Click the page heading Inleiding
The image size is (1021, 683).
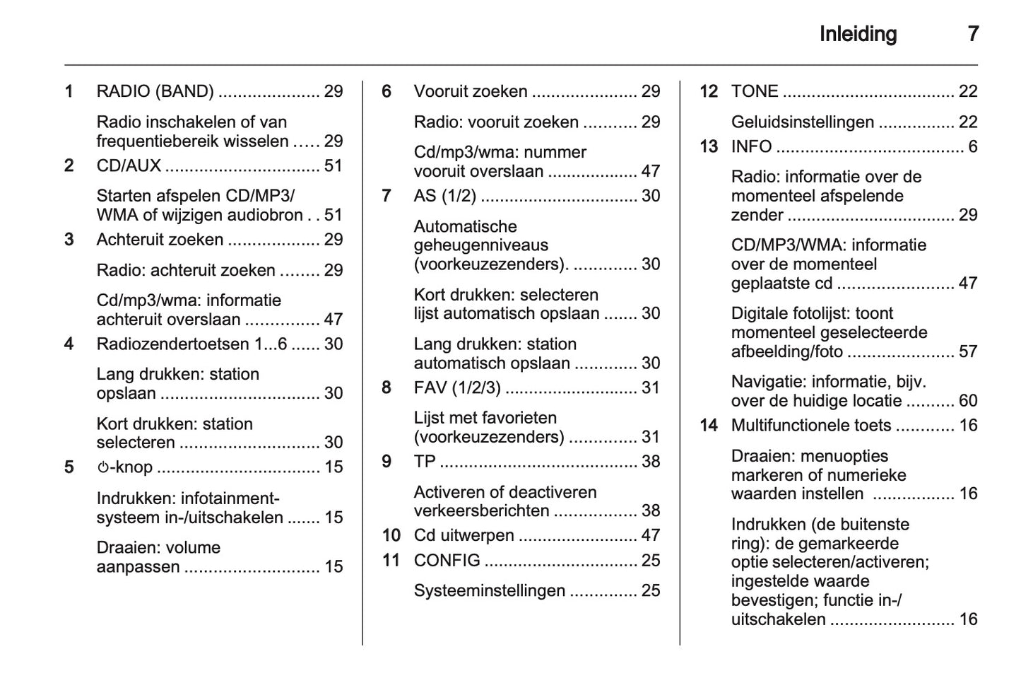click(x=857, y=34)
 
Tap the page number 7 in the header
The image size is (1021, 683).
click(x=972, y=34)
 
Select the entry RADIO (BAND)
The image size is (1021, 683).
click(x=155, y=91)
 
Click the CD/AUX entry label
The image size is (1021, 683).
click(x=129, y=165)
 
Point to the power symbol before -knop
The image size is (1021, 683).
click(x=102, y=467)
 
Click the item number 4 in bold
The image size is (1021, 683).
click(x=69, y=344)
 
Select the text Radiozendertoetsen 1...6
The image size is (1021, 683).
click(x=191, y=344)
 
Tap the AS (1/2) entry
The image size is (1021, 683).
click(x=444, y=196)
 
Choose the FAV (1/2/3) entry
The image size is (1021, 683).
click(x=456, y=387)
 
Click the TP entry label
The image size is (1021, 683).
click(x=425, y=462)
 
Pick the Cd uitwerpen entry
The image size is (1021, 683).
click(x=464, y=535)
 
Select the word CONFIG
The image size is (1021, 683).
click(x=447, y=561)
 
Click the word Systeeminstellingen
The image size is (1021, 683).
click(x=489, y=591)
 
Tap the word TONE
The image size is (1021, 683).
click(x=755, y=91)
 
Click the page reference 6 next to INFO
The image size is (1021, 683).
click(x=972, y=146)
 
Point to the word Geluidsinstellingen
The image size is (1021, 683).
click(x=802, y=122)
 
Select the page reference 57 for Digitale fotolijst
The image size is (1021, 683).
click(x=967, y=351)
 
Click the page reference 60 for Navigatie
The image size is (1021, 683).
click(x=967, y=401)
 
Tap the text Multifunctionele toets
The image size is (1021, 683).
click(x=810, y=426)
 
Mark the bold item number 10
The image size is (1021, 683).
click(x=391, y=536)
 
